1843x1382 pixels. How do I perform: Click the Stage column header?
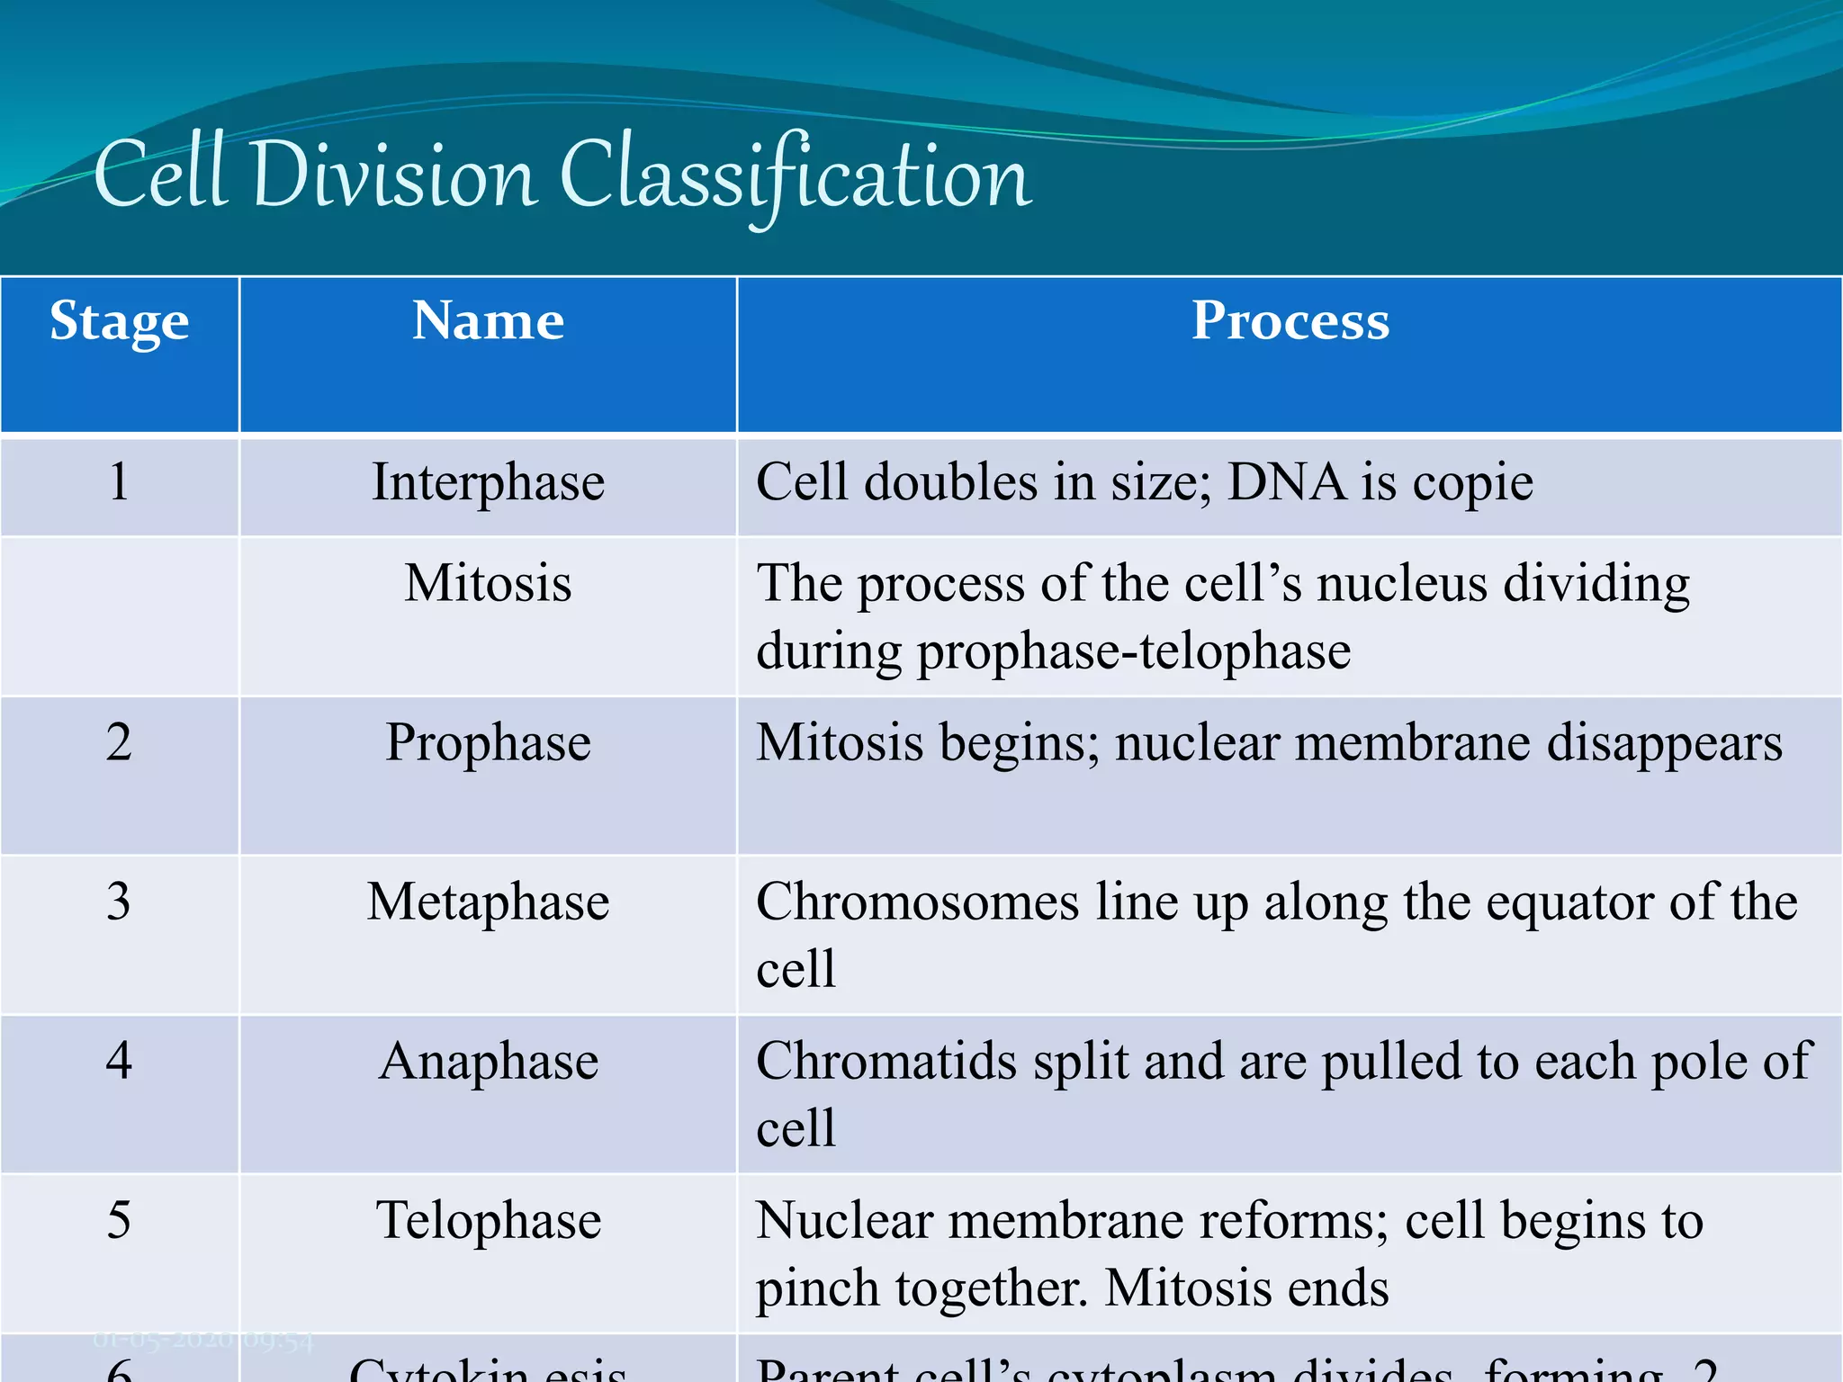pyautogui.click(x=119, y=321)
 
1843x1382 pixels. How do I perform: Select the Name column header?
pyautogui.click(x=488, y=320)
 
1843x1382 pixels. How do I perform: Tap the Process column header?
pyautogui.click(x=1290, y=320)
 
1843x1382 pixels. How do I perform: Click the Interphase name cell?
pyautogui.click(x=488, y=482)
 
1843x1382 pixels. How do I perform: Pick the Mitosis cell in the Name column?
pyautogui.click(x=488, y=583)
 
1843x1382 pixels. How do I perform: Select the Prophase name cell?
pyautogui.click(x=488, y=743)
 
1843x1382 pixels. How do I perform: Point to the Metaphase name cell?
pyautogui.click(x=488, y=902)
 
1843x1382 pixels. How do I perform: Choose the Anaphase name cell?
pyautogui.click(x=488, y=1061)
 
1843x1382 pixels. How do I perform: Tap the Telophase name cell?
pyautogui.click(x=488, y=1221)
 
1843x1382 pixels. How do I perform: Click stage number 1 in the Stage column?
pyautogui.click(x=119, y=482)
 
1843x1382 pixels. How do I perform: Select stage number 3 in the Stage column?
pyautogui.click(x=119, y=902)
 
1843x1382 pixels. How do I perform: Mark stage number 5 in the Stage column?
pyautogui.click(x=119, y=1221)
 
